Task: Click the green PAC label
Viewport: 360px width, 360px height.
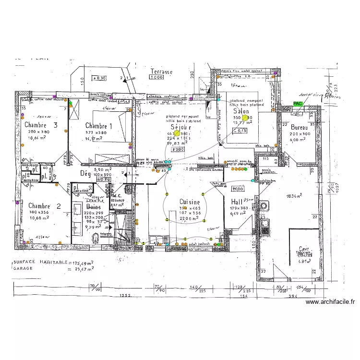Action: coord(298,103)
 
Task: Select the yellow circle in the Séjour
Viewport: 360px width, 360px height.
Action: coord(176,133)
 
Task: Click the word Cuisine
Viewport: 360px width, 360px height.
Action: coord(190,202)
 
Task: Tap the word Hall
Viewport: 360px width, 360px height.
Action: coord(237,202)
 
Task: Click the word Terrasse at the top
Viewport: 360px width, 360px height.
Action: coord(161,72)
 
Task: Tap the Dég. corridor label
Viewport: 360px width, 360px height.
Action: coord(85,173)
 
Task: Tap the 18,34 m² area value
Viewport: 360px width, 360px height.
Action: coord(294,196)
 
